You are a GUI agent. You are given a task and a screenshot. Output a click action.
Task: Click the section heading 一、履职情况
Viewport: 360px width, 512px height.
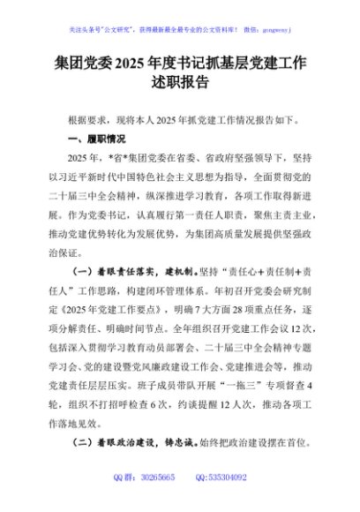pos(96,139)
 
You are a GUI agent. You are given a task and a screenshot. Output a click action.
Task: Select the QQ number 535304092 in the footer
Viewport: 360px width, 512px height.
pos(232,501)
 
